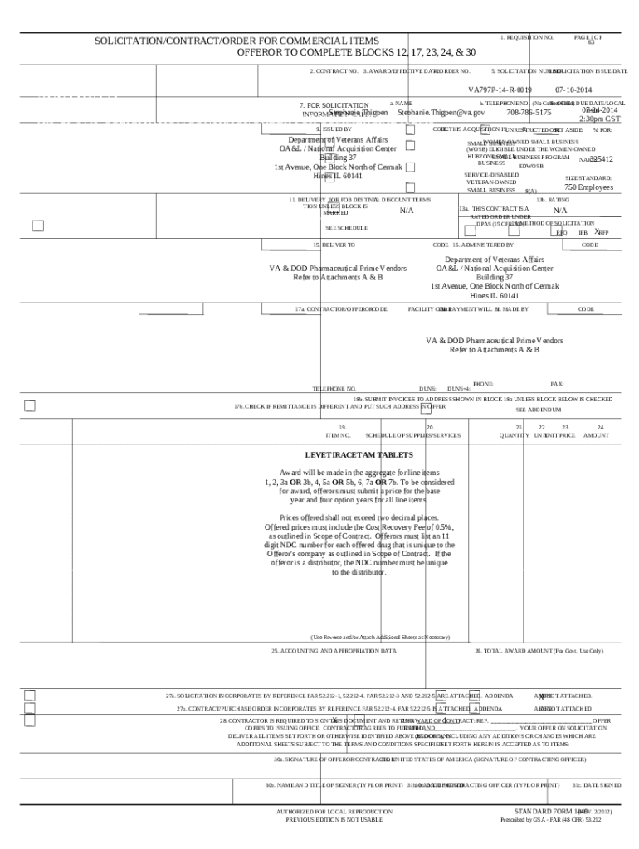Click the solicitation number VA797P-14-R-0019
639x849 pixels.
(x=500, y=89)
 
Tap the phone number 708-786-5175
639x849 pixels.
(x=529, y=112)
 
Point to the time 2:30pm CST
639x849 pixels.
(x=600, y=119)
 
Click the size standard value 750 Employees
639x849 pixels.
(x=589, y=187)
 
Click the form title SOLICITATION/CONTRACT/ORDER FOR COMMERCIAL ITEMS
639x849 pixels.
(x=237, y=41)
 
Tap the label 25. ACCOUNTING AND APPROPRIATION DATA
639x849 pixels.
(x=334, y=651)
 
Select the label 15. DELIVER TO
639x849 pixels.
(x=334, y=245)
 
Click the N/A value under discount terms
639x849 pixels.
(x=406, y=211)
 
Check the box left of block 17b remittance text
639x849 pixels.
(x=30, y=405)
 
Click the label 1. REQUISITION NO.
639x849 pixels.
(x=527, y=38)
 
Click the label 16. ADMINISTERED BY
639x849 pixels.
(x=483, y=245)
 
